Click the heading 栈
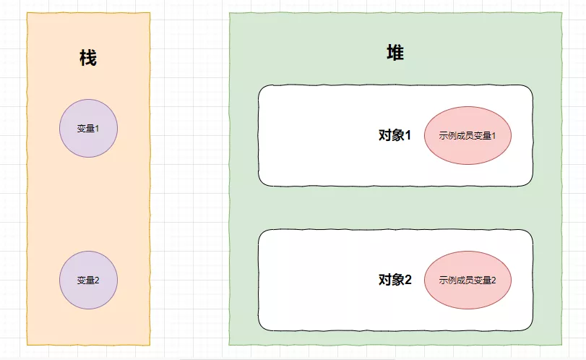click(x=88, y=59)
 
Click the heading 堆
click(x=395, y=53)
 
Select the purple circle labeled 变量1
click(x=88, y=128)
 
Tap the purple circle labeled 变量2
click(x=88, y=280)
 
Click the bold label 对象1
click(x=395, y=135)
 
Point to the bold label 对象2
click(x=395, y=280)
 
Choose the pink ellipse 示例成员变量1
click(x=467, y=135)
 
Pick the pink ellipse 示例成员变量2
click(x=467, y=280)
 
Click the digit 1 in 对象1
click(x=408, y=135)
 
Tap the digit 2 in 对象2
click(x=408, y=280)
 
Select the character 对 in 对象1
click(x=385, y=135)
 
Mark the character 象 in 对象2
click(x=397, y=280)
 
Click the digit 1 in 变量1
click(x=97, y=129)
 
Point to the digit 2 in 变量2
click(x=97, y=280)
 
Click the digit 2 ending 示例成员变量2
click(x=494, y=280)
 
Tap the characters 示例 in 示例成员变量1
click(x=447, y=136)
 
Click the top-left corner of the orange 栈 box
click(x=27, y=13)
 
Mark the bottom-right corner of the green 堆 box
click(x=561, y=344)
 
